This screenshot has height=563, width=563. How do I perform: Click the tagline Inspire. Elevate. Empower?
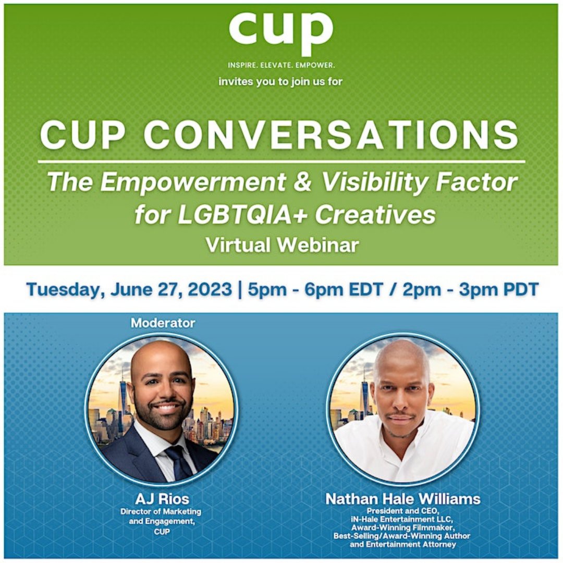(x=281, y=66)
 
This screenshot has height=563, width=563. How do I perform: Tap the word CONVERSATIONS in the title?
(x=331, y=135)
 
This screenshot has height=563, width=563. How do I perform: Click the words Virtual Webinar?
(x=282, y=244)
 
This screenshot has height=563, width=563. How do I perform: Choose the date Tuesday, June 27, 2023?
(x=129, y=289)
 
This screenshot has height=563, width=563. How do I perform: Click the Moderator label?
(x=163, y=323)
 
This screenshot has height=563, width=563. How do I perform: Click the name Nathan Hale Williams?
(x=402, y=499)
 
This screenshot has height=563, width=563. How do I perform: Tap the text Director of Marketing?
(x=161, y=512)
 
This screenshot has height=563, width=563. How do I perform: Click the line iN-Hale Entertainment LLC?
(x=402, y=519)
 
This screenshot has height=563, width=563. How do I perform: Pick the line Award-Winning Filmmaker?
(x=402, y=528)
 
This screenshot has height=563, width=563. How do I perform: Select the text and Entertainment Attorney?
(x=402, y=544)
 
